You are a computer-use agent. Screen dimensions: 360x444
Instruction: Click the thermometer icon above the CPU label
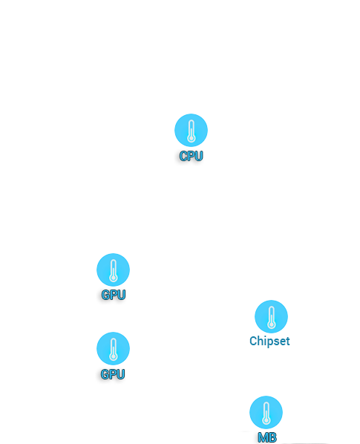click(191, 130)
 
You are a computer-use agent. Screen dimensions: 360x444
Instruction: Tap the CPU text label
click(191, 156)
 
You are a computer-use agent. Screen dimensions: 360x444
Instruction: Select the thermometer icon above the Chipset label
click(271, 316)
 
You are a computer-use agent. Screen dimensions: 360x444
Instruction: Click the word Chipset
click(269, 341)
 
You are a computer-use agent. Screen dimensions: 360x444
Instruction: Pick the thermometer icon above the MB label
click(266, 412)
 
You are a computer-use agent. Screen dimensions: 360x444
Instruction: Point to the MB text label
click(267, 438)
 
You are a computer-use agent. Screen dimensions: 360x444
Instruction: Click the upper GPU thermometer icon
click(114, 270)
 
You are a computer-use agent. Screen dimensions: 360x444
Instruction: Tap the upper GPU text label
click(114, 295)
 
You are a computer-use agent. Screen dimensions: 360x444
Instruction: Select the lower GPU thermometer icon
click(114, 348)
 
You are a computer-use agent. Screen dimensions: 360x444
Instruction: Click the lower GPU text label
click(113, 374)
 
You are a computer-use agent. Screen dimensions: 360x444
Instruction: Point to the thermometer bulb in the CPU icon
click(192, 139)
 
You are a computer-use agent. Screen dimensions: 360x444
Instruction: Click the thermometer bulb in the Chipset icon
click(272, 325)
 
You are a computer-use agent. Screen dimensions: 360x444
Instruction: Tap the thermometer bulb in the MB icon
click(266, 421)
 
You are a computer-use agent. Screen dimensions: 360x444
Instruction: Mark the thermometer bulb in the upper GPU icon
click(114, 278)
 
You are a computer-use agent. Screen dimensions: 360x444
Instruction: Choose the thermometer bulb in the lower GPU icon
click(114, 357)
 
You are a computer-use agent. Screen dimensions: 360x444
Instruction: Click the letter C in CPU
click(183, 156)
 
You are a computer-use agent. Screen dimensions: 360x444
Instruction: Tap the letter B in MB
click(272, 438)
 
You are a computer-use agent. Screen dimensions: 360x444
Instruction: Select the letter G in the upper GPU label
click(106, 295)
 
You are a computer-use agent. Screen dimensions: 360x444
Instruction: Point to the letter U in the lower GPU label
click(120, 374)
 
